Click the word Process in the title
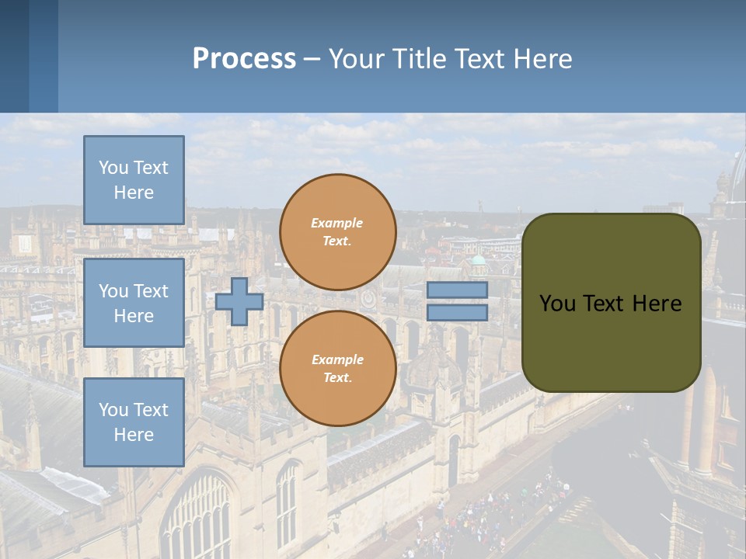point(244,59)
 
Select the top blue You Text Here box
point(134,180)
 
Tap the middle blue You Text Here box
point(134,303)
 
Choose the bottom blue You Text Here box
point(134,422)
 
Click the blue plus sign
point(239,302)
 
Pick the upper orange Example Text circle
point(337,231)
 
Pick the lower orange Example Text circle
point(337,368)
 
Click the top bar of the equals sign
point(457,290)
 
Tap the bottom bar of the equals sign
point(457,313)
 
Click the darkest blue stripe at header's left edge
point(14,56)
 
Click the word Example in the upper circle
point(336,223)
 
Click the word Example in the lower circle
point(336,359)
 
